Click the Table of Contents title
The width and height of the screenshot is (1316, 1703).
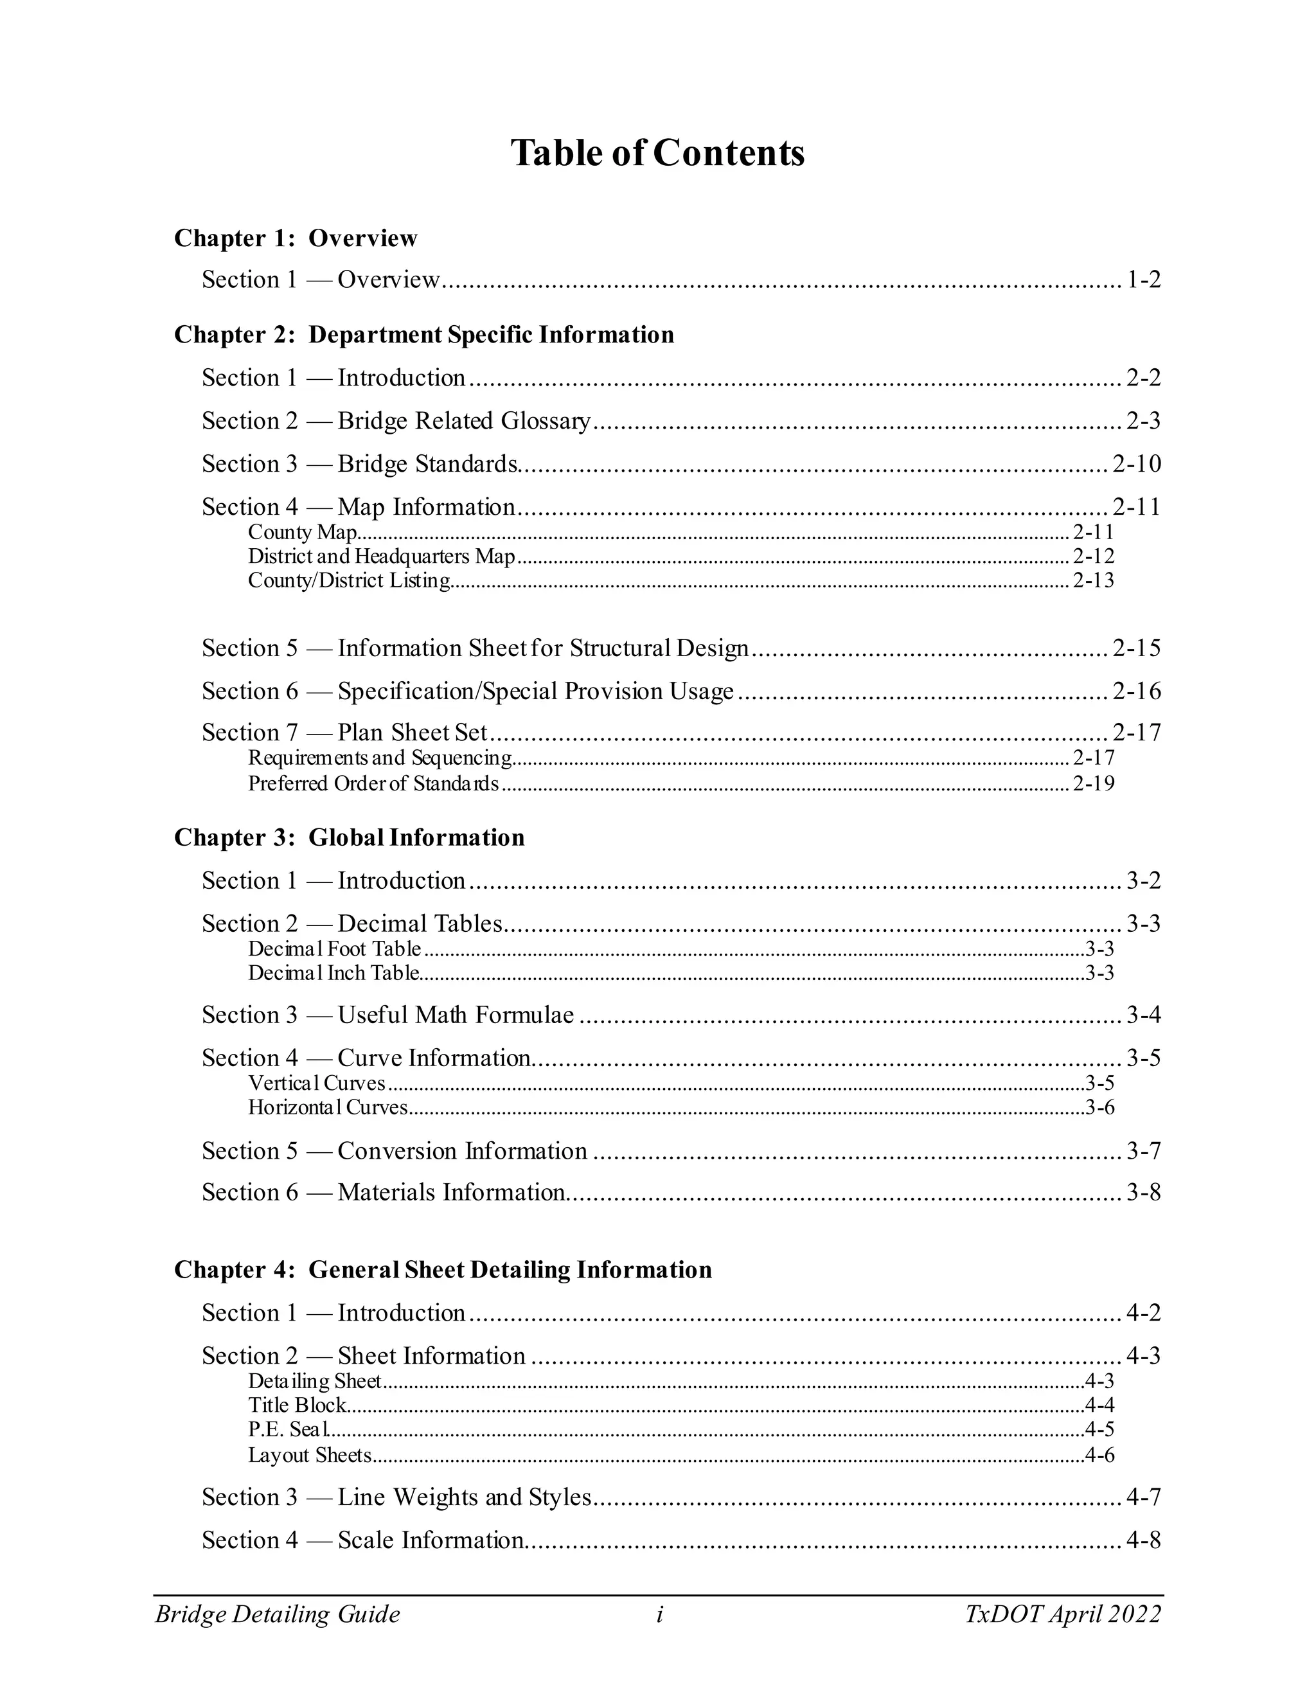pos(657,153)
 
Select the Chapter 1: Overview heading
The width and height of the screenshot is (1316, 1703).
pos(296,238)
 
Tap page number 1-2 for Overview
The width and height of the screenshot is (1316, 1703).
pos(1143,280)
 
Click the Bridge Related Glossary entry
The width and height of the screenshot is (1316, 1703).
pos(464,421)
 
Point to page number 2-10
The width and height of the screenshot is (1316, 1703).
pos(1136,464)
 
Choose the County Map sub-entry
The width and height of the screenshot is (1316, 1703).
pos(303,533)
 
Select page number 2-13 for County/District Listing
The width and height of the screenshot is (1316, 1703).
pos(1093,581)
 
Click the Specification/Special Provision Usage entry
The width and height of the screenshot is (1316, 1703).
pos(536,691)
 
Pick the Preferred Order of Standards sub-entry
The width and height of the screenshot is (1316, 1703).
pos(373,783)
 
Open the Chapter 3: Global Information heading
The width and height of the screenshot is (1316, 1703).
pos(350,837)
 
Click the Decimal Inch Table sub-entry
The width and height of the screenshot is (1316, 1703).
pos(333,973)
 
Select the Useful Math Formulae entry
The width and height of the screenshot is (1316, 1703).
pos(456,1015)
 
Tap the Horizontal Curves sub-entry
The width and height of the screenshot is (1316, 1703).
pos(328,1107)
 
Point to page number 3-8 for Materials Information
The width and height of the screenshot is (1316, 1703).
pos(1143,1192)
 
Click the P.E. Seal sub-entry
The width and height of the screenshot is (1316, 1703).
pos(289,1429)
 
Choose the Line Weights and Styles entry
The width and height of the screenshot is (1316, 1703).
pos(464,1497)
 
